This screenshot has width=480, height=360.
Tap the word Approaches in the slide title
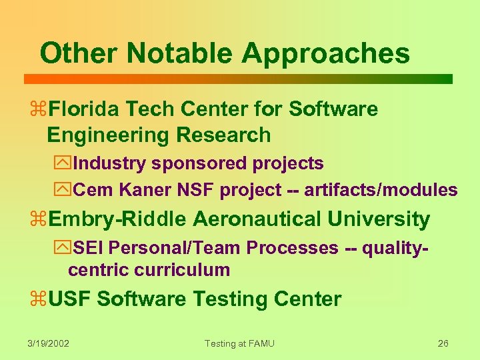[326, 54]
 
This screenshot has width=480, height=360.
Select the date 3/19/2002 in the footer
[49, 343]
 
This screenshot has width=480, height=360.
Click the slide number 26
[443, 343]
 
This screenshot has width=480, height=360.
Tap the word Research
[223, 135]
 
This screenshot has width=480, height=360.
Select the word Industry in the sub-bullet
[109, 163]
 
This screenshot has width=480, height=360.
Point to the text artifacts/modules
[381, 190]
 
